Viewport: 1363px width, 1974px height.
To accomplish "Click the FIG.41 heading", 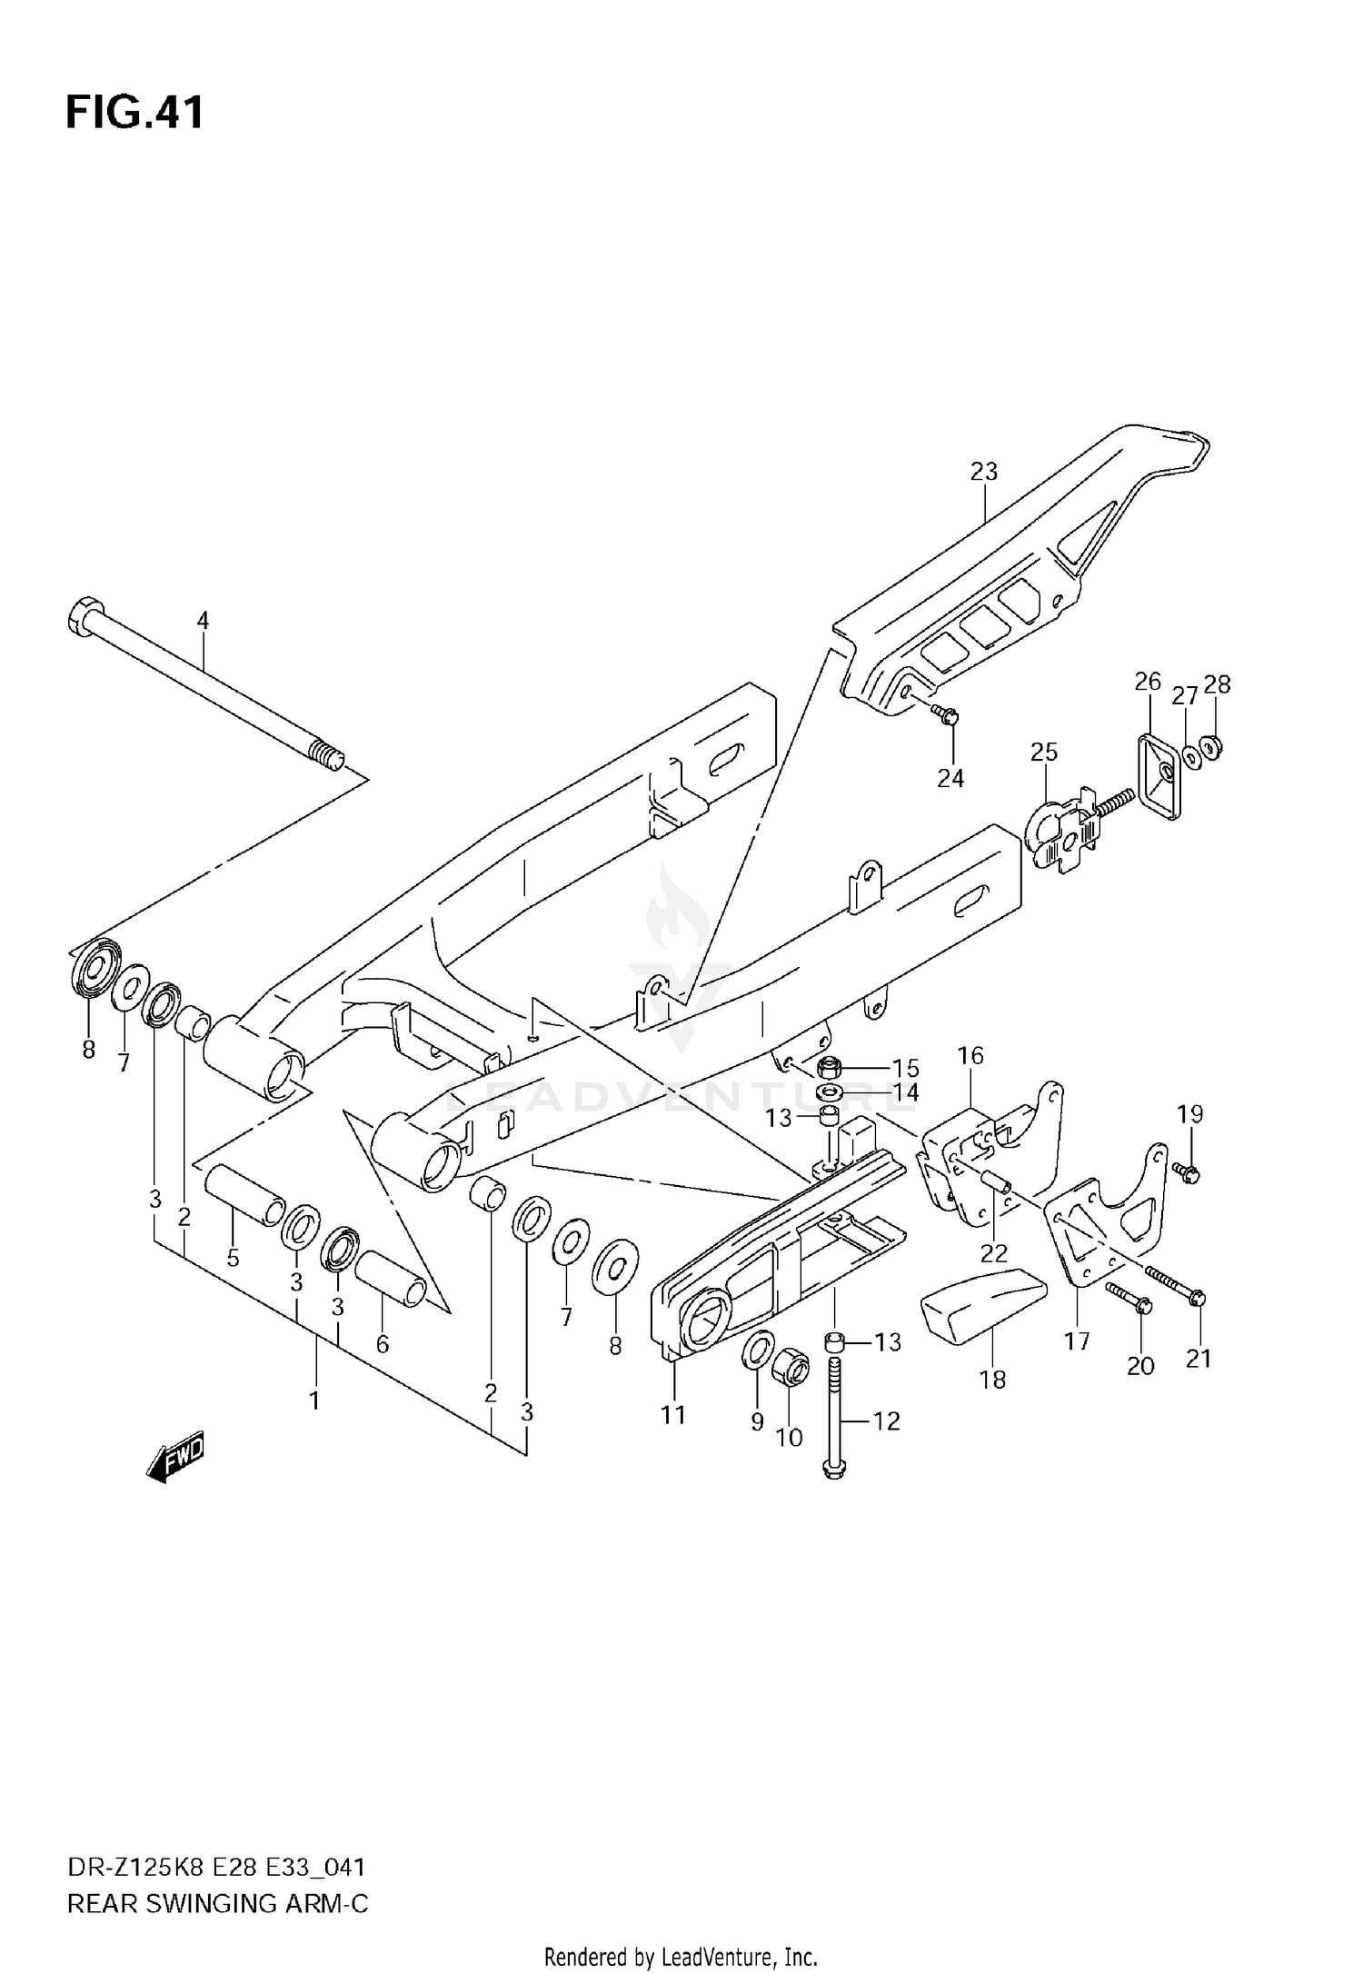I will (x=134, y=114).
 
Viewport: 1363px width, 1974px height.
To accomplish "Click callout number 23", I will (x=983, y=472).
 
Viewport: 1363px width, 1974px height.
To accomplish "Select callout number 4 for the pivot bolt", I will (x=203, y=621).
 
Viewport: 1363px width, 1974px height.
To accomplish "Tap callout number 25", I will (x=1044, y=752).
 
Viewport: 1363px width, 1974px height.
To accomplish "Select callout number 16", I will (x=970, y=1055).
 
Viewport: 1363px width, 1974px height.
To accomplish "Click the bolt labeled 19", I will (x=1187, y=1172).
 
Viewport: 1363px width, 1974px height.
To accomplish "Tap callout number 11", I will (x=673, y=1415).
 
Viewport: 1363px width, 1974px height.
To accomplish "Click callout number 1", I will (x=314, y=1401).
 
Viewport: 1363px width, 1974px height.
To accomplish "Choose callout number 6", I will (x=382, y=1344).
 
